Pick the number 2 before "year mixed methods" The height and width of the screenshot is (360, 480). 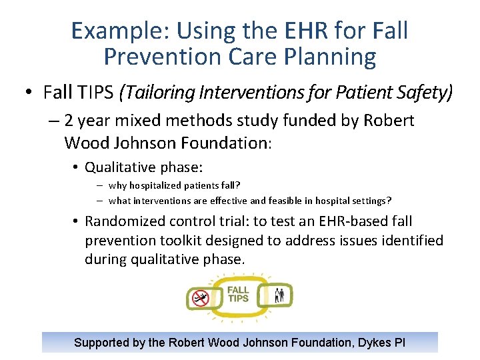click(x=69, y=121)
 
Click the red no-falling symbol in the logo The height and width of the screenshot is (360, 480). click(x=200, y=298)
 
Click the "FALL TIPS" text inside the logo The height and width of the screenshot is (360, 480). click(x=238, y=294)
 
